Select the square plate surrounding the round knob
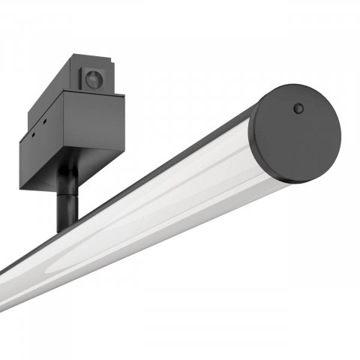(x=94, y=78)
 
